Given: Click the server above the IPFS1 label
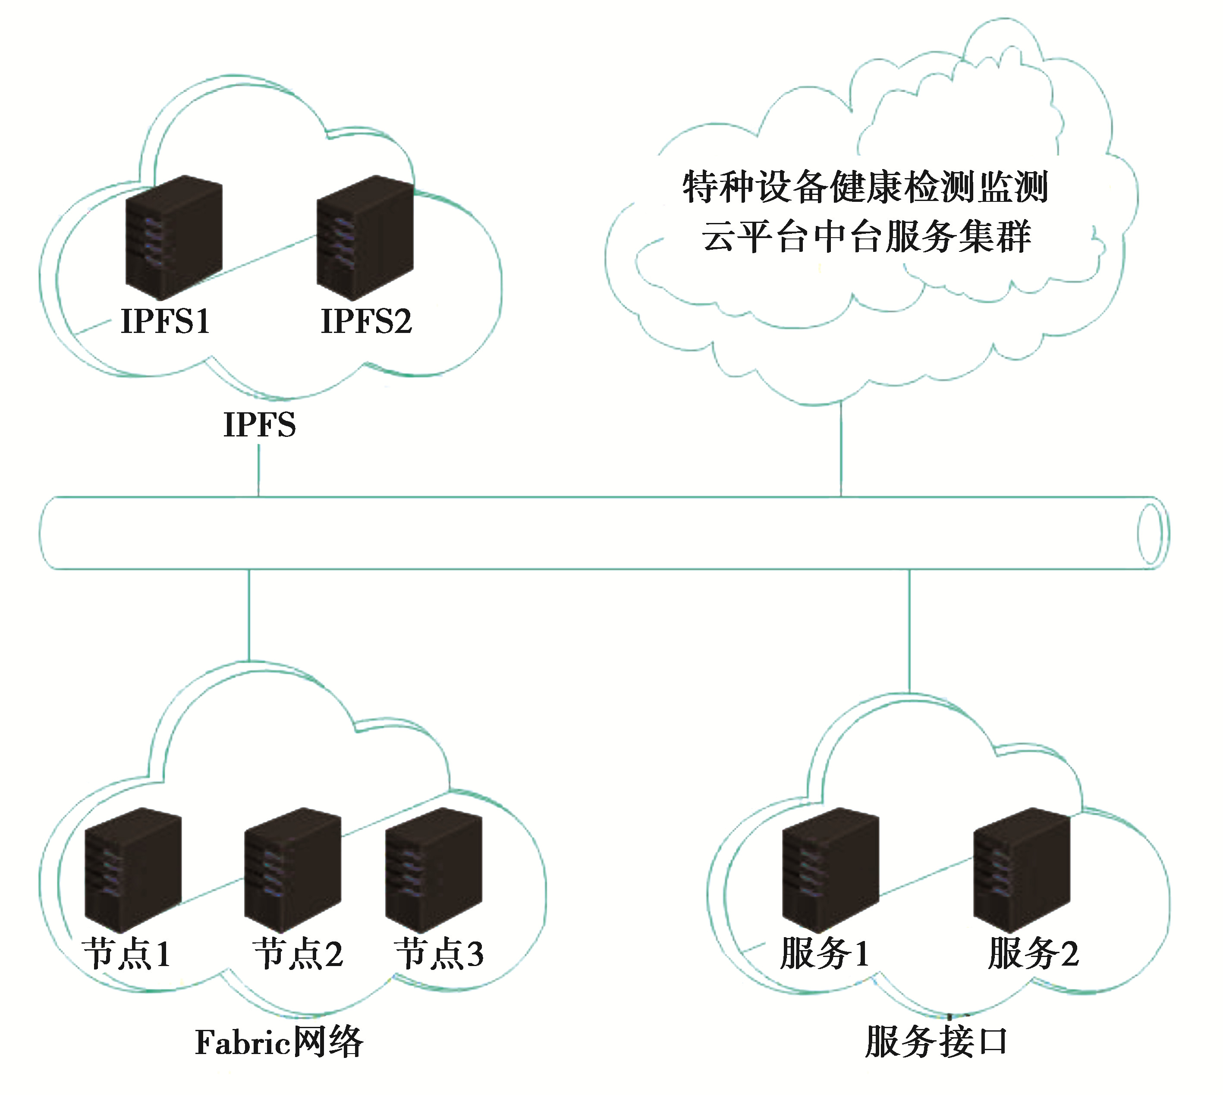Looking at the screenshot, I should coord(174,237).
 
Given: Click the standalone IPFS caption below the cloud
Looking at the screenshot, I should coord(259,425).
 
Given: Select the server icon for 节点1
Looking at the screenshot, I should coord(133,869).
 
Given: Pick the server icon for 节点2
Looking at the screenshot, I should coord(292,869).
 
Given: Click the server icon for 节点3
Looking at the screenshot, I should coord(434,869).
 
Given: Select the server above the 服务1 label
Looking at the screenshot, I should coord(830,869).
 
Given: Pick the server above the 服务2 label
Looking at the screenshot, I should coord(1022,869).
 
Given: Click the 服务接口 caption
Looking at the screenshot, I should coord(936,1042).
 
